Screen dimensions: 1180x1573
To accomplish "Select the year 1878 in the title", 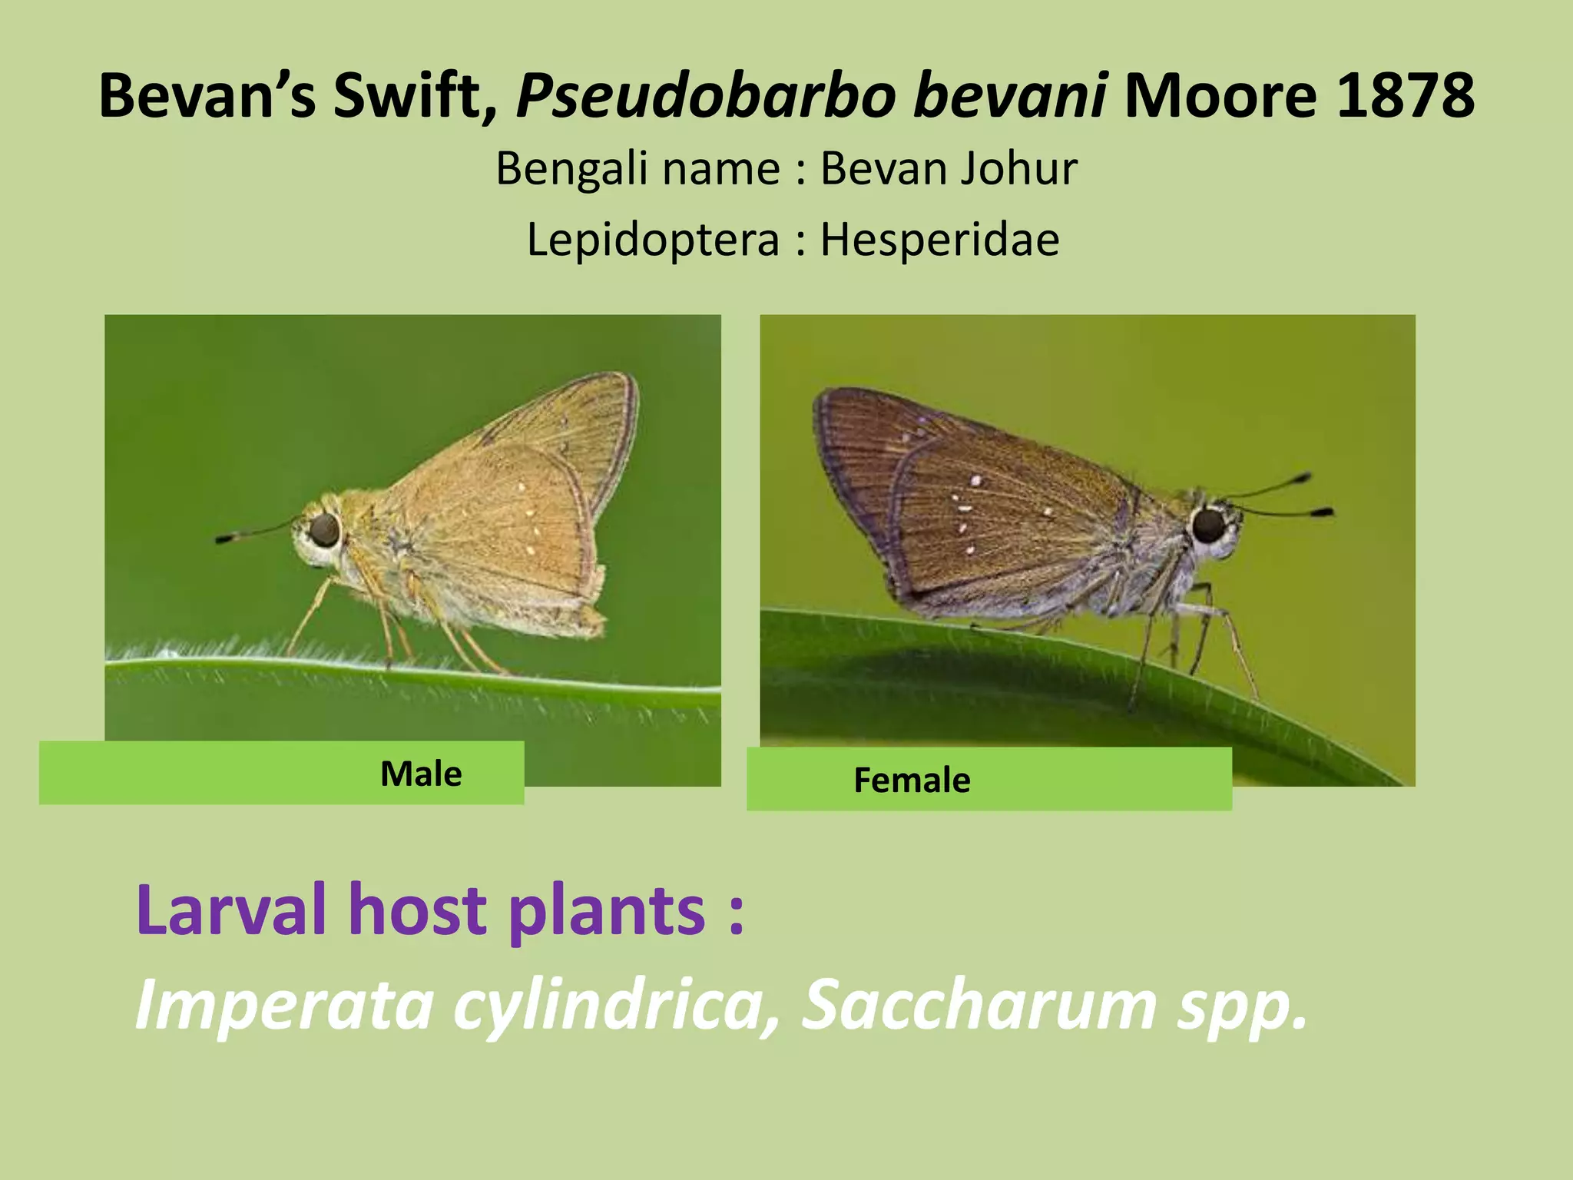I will coord(1405,95).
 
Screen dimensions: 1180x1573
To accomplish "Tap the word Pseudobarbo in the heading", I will coord(706,97).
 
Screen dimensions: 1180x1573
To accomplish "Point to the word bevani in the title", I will coord(1010,95).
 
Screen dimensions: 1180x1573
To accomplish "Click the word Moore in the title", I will coord(1220,95).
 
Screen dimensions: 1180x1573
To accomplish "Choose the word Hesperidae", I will coord(939,239).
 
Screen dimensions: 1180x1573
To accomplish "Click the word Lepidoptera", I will coord(653,240).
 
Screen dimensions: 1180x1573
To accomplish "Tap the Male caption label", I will coord(421,774).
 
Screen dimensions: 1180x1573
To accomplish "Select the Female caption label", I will coord(912,780).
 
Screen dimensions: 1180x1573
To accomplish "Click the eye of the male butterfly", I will coord(324,529).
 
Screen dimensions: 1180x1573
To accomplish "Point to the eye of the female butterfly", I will coord(1209,525).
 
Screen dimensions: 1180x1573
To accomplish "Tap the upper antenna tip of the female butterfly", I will coord(1303,479).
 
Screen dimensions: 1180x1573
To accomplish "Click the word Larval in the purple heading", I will coord(231,910).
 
